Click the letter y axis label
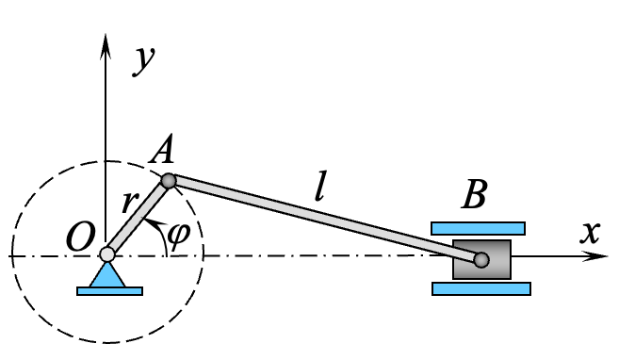(144, 58)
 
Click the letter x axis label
(590, 231)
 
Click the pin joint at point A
(169, 181)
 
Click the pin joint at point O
(107, 254)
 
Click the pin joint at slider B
(481, 259)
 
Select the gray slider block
(497, 259)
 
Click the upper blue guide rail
(478, 228)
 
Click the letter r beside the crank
(128, 203)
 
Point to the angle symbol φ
(178, 233)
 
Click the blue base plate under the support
(109, 291)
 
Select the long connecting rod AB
(325, 220)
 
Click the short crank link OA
(138, 218)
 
